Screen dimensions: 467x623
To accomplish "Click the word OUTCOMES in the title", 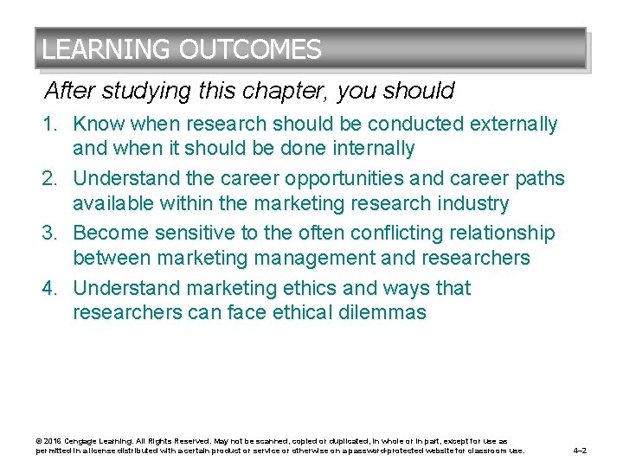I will click(x=250, y=49).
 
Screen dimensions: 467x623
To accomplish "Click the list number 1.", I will click(x=50, y=125).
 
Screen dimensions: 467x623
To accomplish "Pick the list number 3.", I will click(x=50, y=233).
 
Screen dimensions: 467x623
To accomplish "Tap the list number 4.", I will click(x=50, y=288).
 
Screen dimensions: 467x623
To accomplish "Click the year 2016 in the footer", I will click(x=51, y=441).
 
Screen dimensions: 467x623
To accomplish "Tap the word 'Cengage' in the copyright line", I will click(x=80, y=441).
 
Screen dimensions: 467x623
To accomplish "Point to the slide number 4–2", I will click(x=581, y=451).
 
